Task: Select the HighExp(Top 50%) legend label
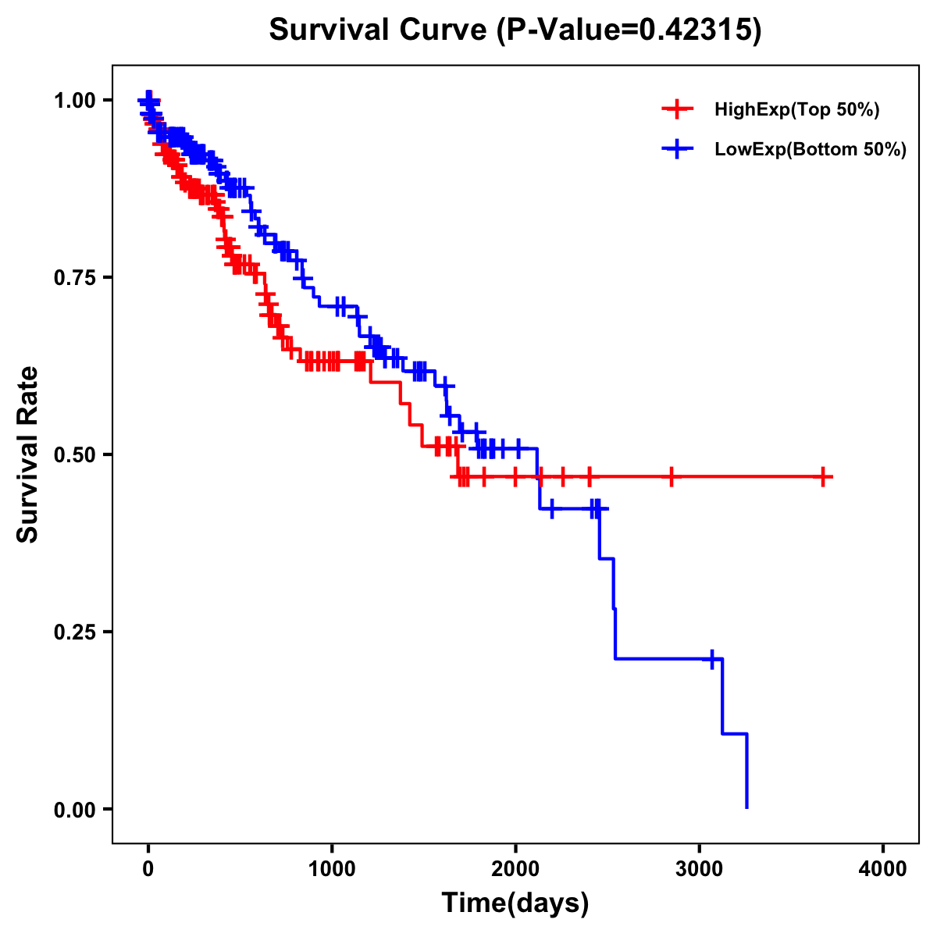click(x=796, y=110)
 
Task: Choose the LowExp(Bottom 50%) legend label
click(x=811, y=150)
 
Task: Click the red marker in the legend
click(x=677, y=110)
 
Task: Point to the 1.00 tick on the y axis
click(x=73, y=100)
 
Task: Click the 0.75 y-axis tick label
click(x=73, y=277)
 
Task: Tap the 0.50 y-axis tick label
click(x=73, y=454)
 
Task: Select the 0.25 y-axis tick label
click(x=73, y=632)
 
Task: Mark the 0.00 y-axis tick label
click(x=73, y=809)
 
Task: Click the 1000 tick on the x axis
click(x=332, y=869)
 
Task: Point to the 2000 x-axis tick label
click(x=515, y=869)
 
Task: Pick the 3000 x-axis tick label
click(x=700, y=869)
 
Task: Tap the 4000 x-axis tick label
click(x=883, y=869)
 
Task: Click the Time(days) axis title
click(x=515, y=903)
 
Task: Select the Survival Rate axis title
click(x=28, y=454)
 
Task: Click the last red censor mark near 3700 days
click(x=823, y=476)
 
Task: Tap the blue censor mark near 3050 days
click(x=711, y=659)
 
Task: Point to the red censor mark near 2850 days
click(x=671, y=476)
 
